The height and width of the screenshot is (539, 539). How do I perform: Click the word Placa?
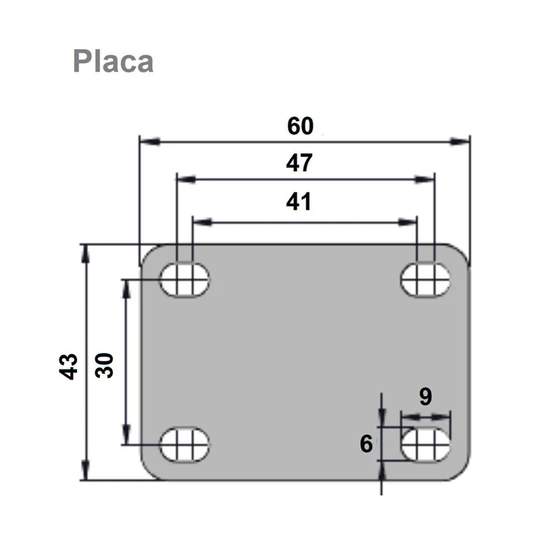[113, 61]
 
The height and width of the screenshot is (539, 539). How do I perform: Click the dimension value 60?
[300, 126]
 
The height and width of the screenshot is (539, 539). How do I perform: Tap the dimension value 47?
[299, 163]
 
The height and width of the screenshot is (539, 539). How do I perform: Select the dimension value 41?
[298, 202]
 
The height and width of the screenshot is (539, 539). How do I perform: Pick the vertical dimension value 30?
[104, 366]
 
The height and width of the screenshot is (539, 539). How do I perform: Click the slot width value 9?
[425, 397]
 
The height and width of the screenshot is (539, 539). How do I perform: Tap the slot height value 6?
[367, 444]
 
